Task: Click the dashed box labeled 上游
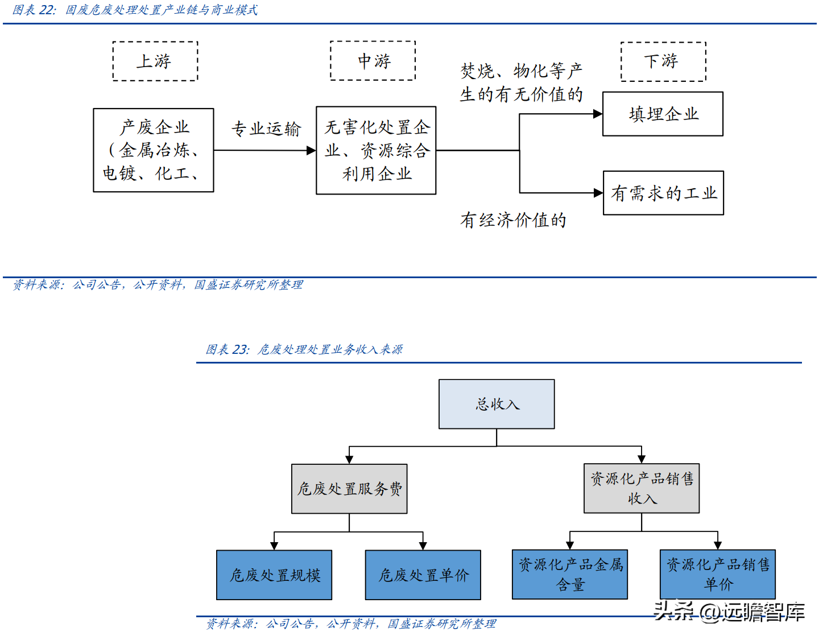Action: pyautogui.click(x=155, y=61)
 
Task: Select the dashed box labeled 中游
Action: pyautogui.click(x=373, y=60)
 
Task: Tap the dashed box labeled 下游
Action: pyautogui.click(x=663, y=61)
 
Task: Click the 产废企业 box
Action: pyautogui.click(x=154, y=150)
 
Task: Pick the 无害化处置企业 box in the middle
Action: pyautogui.click(x=376, y=150)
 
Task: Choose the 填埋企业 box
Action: pyautogui.click(x=663, y=114)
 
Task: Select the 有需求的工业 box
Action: pyautogui.click(x=663, y=193)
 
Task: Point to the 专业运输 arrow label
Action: pyautogui.click(x=266, y=129)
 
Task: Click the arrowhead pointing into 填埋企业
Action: pyautogui.click(x=598, y=114)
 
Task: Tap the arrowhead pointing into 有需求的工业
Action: pyautogui.click(x=598, y=193)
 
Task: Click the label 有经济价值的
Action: pyautogui.click(x=513, y=220)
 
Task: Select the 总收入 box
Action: pyautogui.click(x=497, y=404)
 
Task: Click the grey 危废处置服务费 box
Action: pyautogui.click(x=349, y=489)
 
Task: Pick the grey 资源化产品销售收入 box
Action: pyautogui.click(x=642, y=488)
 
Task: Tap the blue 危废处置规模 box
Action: pyautogui.click(x=274, y=575)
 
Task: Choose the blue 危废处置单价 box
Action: pyautogui.click(x=423, y=575)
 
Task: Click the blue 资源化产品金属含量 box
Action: pyautogui.click(x=570, y=574)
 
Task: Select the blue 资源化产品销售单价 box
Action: pyautogui.click(x=718, y=574)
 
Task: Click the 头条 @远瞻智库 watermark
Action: pyautogui.click(x=729, y=612)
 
